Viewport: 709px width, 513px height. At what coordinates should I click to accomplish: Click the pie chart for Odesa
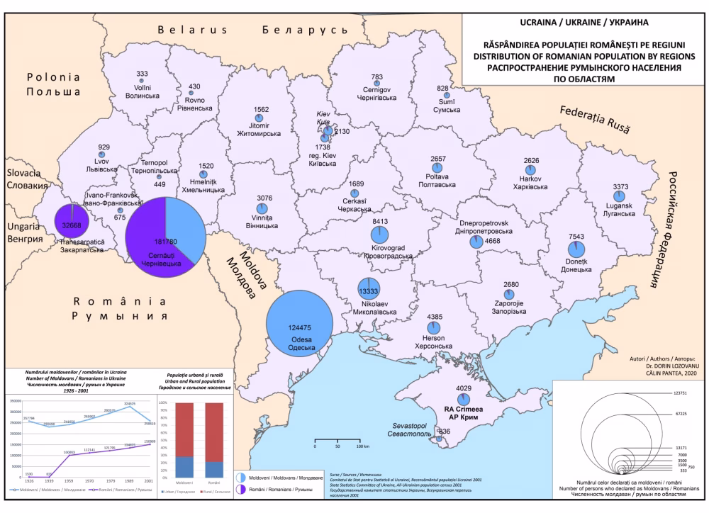298,326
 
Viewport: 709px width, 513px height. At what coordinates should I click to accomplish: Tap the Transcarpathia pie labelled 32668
72,225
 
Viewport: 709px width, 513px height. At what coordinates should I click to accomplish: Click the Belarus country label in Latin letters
192,30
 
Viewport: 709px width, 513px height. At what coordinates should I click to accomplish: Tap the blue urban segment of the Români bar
215,468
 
